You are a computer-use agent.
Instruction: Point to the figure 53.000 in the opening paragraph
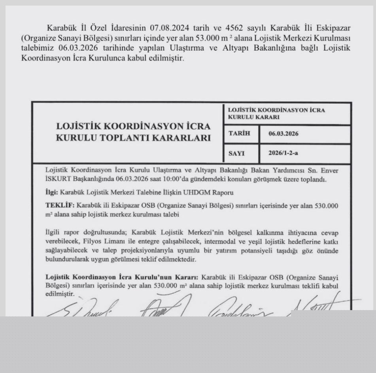(x=200, y=38)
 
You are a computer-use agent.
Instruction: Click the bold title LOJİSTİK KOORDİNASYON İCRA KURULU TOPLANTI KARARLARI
(x=133, y=132)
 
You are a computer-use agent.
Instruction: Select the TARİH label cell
(x=239, y=134)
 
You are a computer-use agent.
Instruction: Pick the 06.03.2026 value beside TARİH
(x=283, y=134)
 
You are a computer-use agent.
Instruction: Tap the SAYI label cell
(x=236, y=153)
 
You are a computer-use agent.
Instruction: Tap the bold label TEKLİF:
(x=60, y=206)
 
